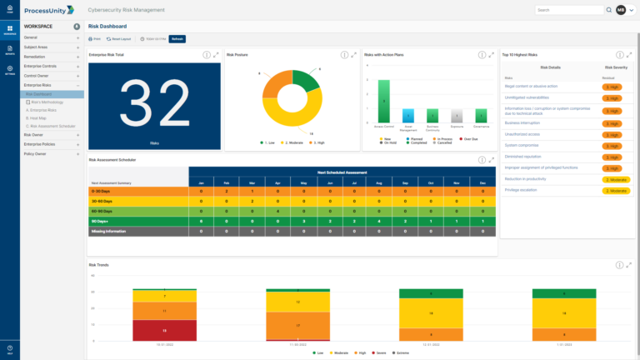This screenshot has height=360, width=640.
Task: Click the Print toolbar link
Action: click(96, 38)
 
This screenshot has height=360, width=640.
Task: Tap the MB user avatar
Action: click(621, 10)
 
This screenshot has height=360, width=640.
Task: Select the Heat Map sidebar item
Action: click(38, 118)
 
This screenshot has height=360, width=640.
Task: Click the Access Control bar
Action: click(383, 101)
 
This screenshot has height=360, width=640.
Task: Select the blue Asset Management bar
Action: click(408, 116)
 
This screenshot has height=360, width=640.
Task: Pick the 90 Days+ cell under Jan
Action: click(200, 221)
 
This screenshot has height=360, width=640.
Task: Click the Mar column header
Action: click(252, 182)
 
